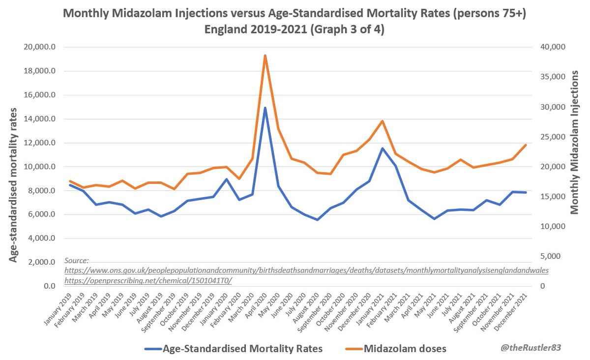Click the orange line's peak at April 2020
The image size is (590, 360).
pyautogui.click(x=265, y=56)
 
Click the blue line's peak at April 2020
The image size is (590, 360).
pyautogui.click(x=265, y=108)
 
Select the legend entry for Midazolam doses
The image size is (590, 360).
pyautogui.click(x=405, y=349)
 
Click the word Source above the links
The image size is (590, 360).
pyautogui.click(x=77, y=261)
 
